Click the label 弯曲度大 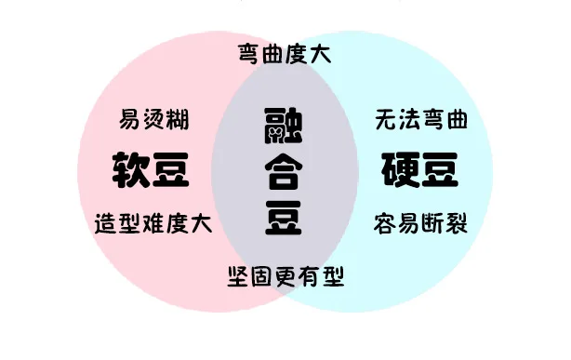pyautogui.click(x=285, y=54)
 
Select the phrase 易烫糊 pyautogui.click(x=154, y=119)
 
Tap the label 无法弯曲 pyautogui.click(x=421, y=119)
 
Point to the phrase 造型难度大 pyautogui.click(x=153, y=223)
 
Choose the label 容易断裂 pyautogui.click(x=420, y=223)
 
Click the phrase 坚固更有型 pyautogui.click(x=285, y=276)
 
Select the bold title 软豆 pyautogui.click(x=151, y=170)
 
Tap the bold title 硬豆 pyautogui.click(x=419, y=170)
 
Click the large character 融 pyautogui.click(x=284, y=126)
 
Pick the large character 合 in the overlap pyautogui.click(x=284, y=171)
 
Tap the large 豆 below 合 pyautogui.click(x=284, y=218)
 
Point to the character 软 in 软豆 pyautogui.click(x=131, y=170)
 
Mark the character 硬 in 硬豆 pyautogui.click(x=401, y=170)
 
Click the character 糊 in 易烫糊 pyautogui.click(x=178, y=119)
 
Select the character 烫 pyautogui.click(x=154, y=119)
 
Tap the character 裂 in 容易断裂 pyautogui.click(x=456, y=223)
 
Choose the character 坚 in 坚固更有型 pyautogui.click(x=239, y=276)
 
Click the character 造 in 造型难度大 pyautogui.click(x=106, y=223)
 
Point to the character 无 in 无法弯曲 pyautogui.click(x=386, y=119)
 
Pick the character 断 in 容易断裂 pyautogui.click(x=432, y=223)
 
